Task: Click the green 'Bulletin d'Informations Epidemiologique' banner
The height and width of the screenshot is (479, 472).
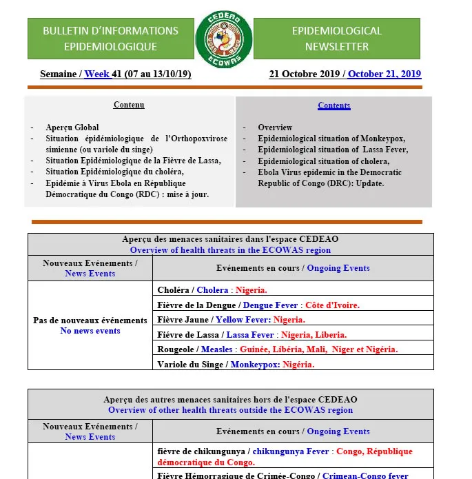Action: click(x=110, y=39)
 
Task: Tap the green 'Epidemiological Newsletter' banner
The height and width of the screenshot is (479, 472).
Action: click(x=336, y=39)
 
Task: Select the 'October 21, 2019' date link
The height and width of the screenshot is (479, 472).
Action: click(x=384, y=74)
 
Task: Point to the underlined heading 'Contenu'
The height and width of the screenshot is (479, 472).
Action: click(x=129, y=105)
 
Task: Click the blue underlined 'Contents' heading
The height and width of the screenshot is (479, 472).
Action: click(x=334, y=105)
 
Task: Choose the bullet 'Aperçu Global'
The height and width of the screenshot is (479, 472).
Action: click(x=72, y=128)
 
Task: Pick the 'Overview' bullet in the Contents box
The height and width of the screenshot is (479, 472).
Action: click(x=275, y=128)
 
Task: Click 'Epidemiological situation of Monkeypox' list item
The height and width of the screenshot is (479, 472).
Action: click(x=331, y=139)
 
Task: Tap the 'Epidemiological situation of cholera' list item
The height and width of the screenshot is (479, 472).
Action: click(x=323, y=161)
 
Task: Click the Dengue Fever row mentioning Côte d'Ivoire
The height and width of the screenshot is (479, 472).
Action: click(x=258, y=305)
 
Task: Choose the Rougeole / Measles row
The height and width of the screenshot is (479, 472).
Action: click(x=277, y=349)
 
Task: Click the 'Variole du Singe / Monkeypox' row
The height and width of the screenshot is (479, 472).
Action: click(x=236, y=365)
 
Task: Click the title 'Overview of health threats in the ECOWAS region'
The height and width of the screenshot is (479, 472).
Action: click(x=230, y=250)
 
